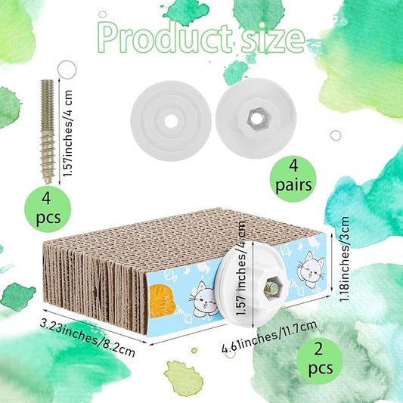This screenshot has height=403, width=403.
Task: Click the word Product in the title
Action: (x=165, y=39)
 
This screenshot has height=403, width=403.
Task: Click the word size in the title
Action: (x=273, y=39)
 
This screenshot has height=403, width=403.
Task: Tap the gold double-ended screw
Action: (x=48, y=132)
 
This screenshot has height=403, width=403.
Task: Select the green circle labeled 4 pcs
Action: (x=48, y=209)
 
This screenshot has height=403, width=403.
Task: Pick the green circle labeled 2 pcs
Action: (x=320, y=361)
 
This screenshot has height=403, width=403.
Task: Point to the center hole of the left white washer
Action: (x=171, y=121)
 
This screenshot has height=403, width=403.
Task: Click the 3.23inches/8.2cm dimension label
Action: (x=88, y=339)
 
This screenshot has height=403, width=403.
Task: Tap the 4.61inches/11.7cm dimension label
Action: (x=270, y=337)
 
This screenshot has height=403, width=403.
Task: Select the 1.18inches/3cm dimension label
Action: (x=344, y=259)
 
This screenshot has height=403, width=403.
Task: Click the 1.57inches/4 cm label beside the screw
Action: (x=68, y=133)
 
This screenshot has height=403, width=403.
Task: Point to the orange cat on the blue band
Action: (x=161, y=301)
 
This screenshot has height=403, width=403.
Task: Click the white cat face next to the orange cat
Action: (x=204, y=299)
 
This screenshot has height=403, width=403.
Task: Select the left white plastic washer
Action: (x=171, y=121)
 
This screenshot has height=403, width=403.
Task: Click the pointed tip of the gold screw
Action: (x=48, y=181)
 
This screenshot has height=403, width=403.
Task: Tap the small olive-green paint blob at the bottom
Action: (x=183, y=378)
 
